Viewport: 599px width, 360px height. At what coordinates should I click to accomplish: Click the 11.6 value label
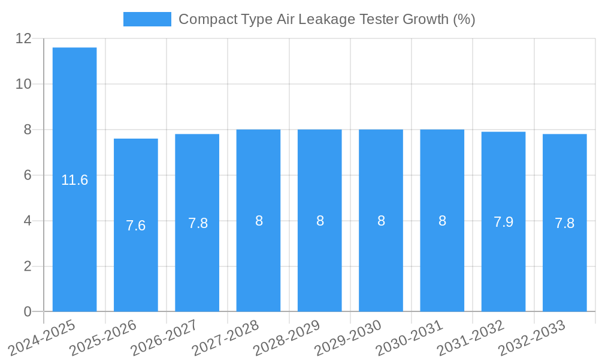click(74, 180)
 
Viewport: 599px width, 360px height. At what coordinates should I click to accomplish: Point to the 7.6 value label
click(136, 226)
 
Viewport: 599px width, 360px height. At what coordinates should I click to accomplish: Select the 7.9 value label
click(503, 221)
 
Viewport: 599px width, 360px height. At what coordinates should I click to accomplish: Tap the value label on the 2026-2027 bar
click(198, 223)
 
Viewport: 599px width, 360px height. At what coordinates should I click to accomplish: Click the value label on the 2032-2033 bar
click(564, 223)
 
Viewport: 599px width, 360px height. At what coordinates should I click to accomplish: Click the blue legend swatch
click(147, 19)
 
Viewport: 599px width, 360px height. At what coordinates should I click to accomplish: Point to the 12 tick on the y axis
click(23, 38)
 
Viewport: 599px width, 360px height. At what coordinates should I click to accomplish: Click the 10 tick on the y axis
click(23, 84)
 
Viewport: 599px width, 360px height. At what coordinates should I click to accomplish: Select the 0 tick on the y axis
click(28, 311)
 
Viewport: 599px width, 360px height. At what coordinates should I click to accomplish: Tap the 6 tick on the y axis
click(28, 175)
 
